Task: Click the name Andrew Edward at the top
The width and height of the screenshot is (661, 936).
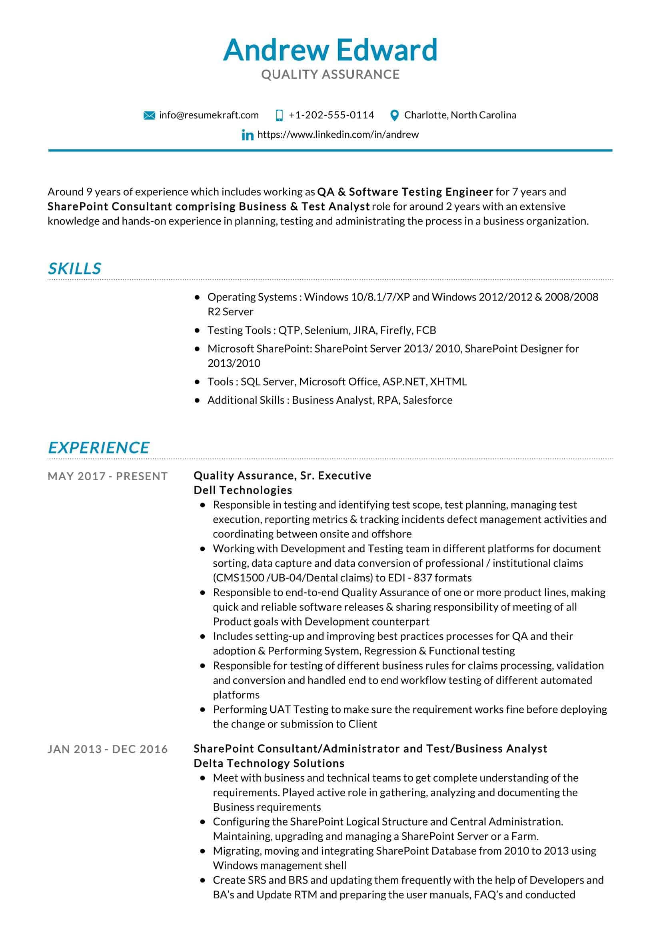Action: coord(330,50)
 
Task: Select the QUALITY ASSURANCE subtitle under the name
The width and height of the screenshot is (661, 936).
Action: coord(330,74)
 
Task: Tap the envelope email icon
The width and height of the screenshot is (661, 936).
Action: coord(150,115)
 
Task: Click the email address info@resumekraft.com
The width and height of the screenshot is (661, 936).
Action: coord(208,115)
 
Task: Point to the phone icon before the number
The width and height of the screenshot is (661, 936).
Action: coord(279,115)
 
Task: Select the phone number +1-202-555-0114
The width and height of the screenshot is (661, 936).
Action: coord(331,115)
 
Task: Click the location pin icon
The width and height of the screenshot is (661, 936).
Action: coord(394,115)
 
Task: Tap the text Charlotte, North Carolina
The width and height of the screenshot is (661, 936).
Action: coord(460,115)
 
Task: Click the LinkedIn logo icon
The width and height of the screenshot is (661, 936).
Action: coord(247,135)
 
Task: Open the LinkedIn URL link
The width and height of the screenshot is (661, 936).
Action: coord(337,134)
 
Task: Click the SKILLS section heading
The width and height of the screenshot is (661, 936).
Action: coord(74,269)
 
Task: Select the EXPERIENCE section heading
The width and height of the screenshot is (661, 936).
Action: coord(98,448)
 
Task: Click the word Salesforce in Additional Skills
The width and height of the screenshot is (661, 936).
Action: coord(427,400)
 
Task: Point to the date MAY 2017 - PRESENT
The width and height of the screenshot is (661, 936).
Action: coord(108,476)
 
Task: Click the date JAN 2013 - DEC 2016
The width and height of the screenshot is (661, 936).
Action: coord(108,749)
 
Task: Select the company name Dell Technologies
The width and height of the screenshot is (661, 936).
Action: coord(243,490)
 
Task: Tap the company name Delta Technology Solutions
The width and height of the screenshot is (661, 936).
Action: coord(269,763)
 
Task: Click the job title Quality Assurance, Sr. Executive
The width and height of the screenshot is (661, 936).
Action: coord(282,476)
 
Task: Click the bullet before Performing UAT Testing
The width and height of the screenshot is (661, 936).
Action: coord(202,710)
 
